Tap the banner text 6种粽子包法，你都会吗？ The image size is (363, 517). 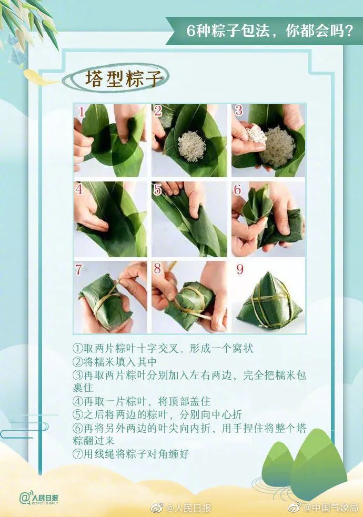[x=269, y=31]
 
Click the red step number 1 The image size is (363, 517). [x=82, y=111]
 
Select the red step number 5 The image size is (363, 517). [x=157, y=190]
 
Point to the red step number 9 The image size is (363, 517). [x=240, y=269]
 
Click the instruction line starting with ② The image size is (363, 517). [x=115, y=362]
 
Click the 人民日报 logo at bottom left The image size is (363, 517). [x=39, y=497]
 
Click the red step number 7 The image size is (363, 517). [x=78, y=269]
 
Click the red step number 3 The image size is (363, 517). [x=238, y=111]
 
